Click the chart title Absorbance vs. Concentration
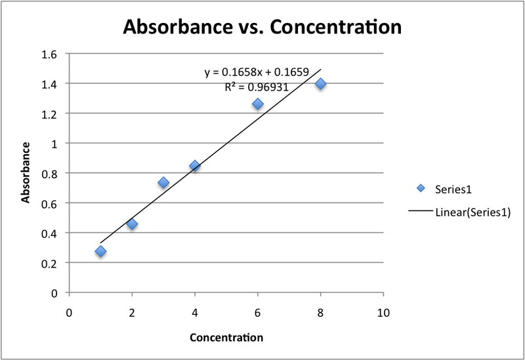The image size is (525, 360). click(262, 28)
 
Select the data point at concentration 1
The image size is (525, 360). click(100, 251)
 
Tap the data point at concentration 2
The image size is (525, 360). click(132, 224)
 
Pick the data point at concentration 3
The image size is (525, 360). click(163, 182)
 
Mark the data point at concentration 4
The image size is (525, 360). click(194, 166)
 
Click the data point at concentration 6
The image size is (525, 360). click(257, 104)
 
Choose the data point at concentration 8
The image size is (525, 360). click(320, 83)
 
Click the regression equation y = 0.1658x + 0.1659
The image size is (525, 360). click(257, 72)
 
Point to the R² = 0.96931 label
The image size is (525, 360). click(257, 85)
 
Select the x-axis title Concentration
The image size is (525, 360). click(226, 338)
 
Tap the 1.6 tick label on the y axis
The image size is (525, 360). click(49, 54)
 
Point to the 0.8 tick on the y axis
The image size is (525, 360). click(49, 173)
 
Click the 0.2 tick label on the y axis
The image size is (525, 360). click(49, 263)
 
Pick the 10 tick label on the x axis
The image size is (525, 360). click(383, 313)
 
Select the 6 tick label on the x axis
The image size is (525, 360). click(257, 313)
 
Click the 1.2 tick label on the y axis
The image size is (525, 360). click(49, 113)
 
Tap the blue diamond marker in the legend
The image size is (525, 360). click(421, 189)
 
